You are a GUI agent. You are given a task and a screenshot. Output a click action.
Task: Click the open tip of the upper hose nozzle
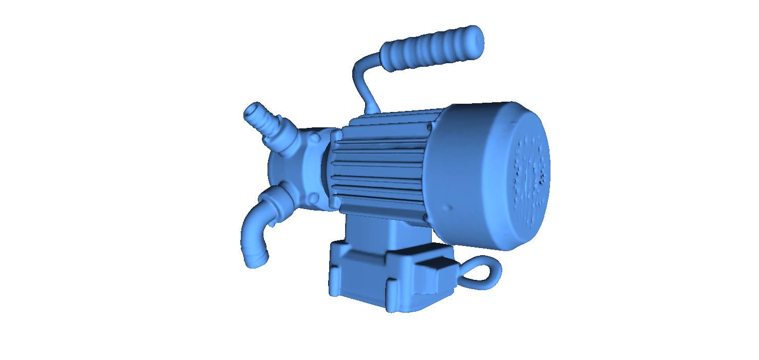[x=251, y=110]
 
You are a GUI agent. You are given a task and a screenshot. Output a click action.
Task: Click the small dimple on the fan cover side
[x=450, y=208]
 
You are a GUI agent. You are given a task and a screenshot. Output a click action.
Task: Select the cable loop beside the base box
[x=483, y=272]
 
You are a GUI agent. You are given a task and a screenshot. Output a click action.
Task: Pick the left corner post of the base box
[x=335, y=272]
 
